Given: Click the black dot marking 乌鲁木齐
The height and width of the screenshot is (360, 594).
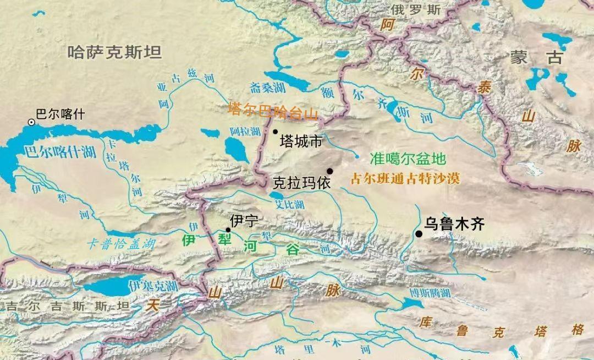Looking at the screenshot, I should [x=419, y=234].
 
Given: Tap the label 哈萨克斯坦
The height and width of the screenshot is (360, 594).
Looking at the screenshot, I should [x=114, y=53].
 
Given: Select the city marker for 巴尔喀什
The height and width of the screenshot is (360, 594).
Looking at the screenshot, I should [x=32, y=122].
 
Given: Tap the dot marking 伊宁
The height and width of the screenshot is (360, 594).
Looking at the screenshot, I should [x=228, y=230].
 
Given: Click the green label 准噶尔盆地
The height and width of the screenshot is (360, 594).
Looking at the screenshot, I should [x=408, y=159].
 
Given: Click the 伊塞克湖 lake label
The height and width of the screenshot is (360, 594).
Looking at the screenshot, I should [x=152, y=286].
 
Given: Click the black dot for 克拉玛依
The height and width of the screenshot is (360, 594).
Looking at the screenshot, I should [x=330, y=171].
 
